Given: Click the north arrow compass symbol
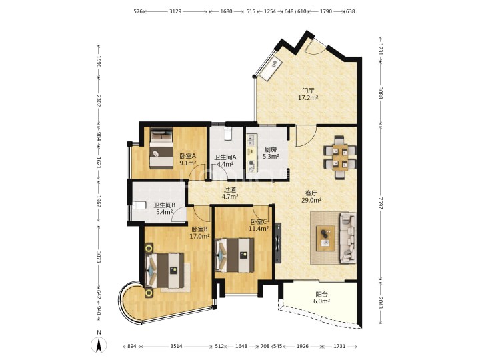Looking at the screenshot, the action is (99, 345).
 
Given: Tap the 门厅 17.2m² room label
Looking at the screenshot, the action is (308, 94).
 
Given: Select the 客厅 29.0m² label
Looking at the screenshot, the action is (311, 197).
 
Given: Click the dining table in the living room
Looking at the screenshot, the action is (340, 157).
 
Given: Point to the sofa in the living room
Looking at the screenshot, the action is (348, 238).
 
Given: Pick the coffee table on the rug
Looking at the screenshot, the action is (326, 238).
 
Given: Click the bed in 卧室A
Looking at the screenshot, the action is (161, 148).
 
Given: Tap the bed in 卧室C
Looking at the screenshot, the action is (235, 255).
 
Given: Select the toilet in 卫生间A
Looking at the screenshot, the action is (228, 133).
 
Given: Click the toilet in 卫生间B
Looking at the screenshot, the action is (139, 205).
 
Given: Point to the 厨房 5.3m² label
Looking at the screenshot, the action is (271, 153).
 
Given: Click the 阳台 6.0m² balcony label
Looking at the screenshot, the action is (321, 298).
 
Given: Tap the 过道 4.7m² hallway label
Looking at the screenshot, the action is (230, 193).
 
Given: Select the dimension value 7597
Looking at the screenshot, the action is (380, 203).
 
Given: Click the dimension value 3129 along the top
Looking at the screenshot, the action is (175, 11).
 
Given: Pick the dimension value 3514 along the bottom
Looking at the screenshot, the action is (176, 346).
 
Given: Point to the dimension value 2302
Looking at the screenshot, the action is (99, 101).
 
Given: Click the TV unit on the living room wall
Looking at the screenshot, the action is (277, 243).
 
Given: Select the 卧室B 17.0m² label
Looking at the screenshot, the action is (199, 233).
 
